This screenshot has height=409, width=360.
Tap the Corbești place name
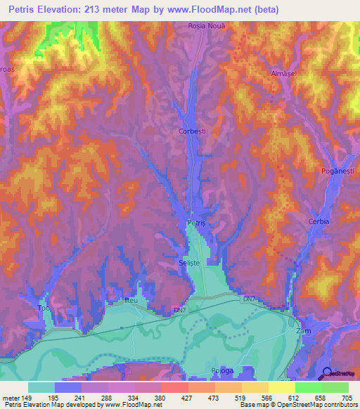[192, 131]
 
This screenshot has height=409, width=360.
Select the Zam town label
[303, 330]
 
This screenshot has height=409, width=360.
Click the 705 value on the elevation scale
[348, 397]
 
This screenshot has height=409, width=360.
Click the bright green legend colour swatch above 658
[308, 387]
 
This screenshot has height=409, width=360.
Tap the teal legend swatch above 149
[41, 387]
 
